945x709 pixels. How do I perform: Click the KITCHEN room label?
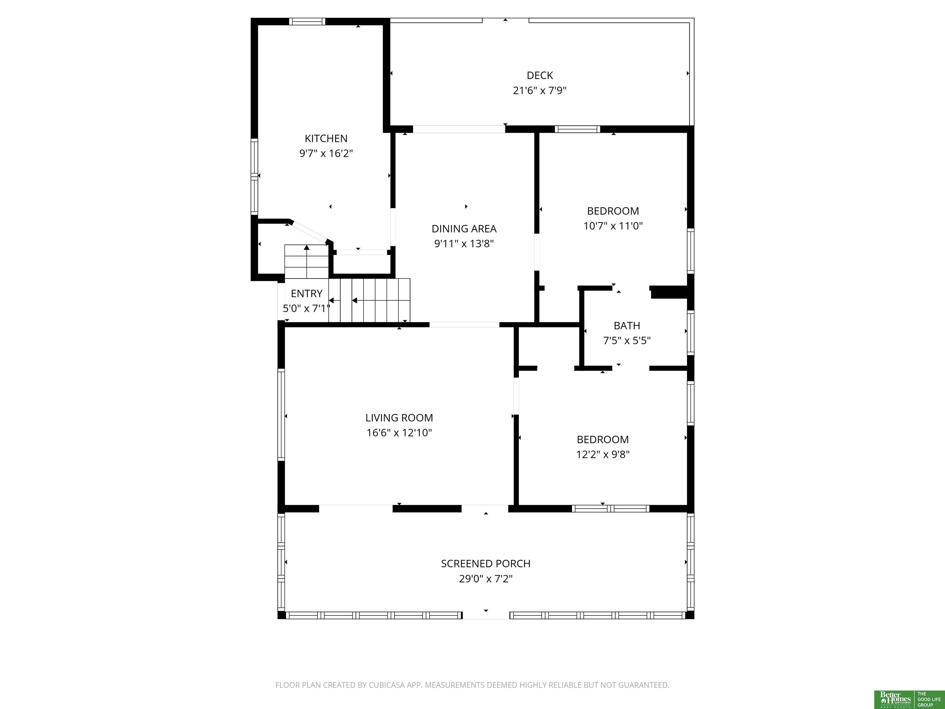pos(326,138)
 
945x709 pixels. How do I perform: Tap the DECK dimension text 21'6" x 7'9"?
pos(540,90)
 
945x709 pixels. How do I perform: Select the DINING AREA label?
pos(464,229)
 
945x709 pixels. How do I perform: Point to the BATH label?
pos(627,326)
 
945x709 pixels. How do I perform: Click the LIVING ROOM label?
pos(399,418)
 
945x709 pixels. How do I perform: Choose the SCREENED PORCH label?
pos(486,564)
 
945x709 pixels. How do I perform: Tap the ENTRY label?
pos(306,294)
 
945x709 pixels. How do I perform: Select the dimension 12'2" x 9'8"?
pos(603,454)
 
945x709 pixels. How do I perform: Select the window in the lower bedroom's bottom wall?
pos(611,509)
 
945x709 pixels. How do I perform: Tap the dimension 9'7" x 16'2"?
pos(326,154)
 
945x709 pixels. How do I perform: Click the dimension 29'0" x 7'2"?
pos(486,579)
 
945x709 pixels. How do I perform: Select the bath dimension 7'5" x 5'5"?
pos(627,341)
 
